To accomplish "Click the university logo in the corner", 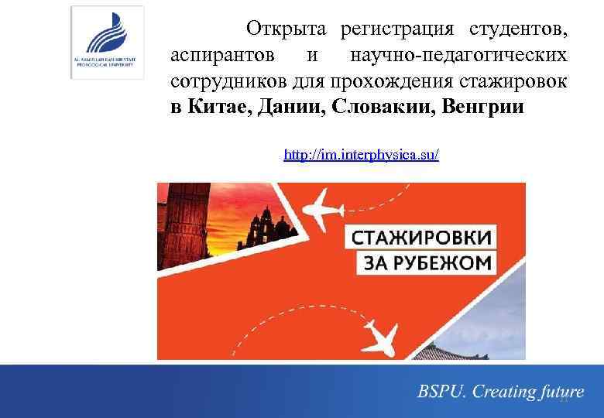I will pyautogui.click(x=107, y=42).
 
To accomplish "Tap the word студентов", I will pyautogui.click(x=516, y=30).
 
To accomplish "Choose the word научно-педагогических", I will pyautogui.click(x=458, y=56).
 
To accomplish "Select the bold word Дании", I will pyautogui.click(x=293, y=107).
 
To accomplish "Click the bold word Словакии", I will pyautogui.click(x=383, y=107).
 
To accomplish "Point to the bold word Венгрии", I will pyautogui.click(x=483, y=107).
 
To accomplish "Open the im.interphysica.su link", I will pyautogui.click(x=361, y=155).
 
